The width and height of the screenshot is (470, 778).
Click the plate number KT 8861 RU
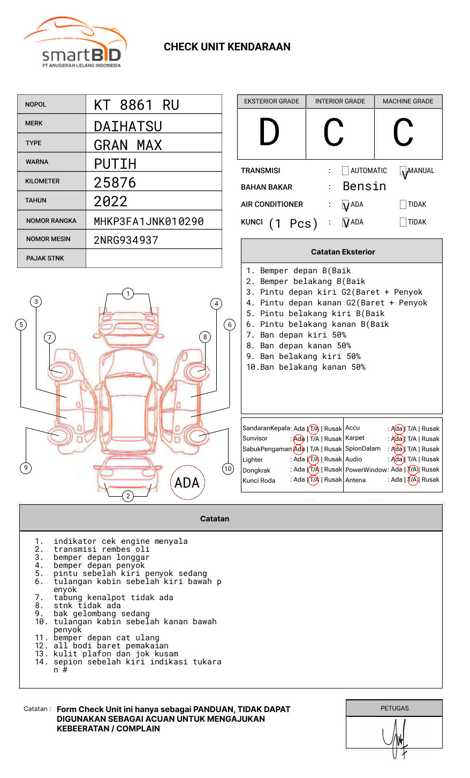tap(137, 105)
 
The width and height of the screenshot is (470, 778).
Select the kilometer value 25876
tap(115, 183)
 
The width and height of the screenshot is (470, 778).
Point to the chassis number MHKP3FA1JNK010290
tap(148, 221)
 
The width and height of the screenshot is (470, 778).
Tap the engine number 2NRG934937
tap(126, 240)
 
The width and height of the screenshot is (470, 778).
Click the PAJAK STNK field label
tap(45, 258)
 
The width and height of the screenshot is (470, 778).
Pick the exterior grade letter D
tap(269, 132)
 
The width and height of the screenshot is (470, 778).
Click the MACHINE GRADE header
tap(408, 101)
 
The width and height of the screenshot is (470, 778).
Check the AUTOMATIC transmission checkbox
tap(345, 171)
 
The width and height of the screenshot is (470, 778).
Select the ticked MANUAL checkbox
tap(403, 171)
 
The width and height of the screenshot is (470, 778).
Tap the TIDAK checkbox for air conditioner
tap(403, 205)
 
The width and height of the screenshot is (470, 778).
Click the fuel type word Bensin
tap(364, 186)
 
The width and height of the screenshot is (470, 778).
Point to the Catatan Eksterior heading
tap(343, 252)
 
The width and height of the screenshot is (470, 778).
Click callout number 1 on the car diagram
tap(127, 294)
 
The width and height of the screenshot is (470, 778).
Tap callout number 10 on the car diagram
tap(228, 469)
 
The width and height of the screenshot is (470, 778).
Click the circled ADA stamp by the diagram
tap(187, 483)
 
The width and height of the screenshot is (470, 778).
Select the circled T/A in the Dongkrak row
tap(314, 470)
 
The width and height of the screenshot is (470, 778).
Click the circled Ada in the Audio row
tap(397, 460)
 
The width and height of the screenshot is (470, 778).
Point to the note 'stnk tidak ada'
tap(87, 606)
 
